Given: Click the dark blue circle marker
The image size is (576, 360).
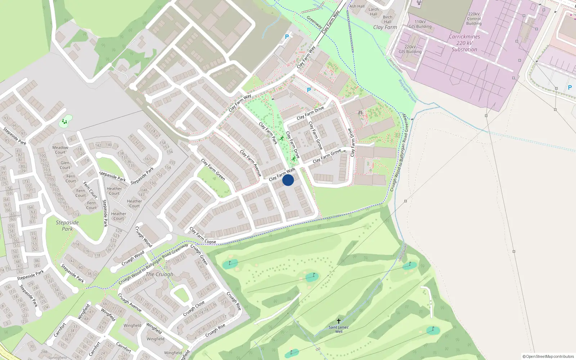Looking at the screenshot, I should coord(288,180).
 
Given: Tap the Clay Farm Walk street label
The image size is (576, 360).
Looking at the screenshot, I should coord(282,174).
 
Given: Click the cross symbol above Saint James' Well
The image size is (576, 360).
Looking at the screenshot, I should coord(338,321).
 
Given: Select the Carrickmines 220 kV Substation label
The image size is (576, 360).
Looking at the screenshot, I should coord(464,43).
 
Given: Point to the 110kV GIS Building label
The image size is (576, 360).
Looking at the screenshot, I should coord(420,24).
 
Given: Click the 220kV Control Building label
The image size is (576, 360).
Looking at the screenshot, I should coord(474,19).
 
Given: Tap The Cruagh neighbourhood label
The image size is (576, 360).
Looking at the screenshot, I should coord(159,274).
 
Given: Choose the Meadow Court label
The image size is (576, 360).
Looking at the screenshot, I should coord(60,150).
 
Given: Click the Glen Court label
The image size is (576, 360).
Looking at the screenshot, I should coord(65,165).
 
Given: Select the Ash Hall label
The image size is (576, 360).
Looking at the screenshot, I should coord(357,6).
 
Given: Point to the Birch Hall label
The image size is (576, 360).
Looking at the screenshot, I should coord(388,19).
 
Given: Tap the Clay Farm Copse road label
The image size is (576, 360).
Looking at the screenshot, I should coord(203,236).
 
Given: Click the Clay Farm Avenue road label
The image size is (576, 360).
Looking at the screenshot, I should coord(251,163).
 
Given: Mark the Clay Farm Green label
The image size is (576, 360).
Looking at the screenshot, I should coord(213,170).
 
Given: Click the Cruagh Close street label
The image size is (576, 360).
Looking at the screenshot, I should coord(194,309).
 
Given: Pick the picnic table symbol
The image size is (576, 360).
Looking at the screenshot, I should coord(360,113).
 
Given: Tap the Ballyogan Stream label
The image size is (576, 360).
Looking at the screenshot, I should coord(407,91).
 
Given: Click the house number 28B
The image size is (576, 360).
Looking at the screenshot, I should coord(44,352).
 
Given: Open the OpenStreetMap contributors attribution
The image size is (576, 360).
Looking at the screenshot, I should coord(548,356).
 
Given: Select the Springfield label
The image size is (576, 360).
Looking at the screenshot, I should coord(57,357).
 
